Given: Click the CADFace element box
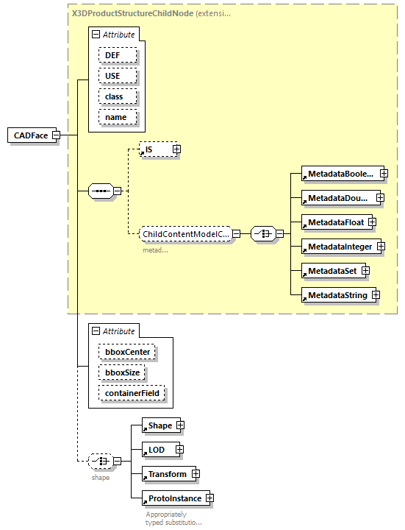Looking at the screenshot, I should click(30, 135).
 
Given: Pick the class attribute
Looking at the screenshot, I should click(114, 96).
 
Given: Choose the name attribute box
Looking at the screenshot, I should click(115, 117).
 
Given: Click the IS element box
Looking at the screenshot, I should click(155, 149).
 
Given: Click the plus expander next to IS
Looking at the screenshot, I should click(176, 149).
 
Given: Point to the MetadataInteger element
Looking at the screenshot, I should click(340, 247).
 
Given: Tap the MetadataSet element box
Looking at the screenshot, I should click(331, 271).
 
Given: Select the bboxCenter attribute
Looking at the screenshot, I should click(126, 352).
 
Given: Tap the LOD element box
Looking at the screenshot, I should click(157, 449).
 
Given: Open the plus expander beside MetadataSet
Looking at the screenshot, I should click(365, 271).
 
